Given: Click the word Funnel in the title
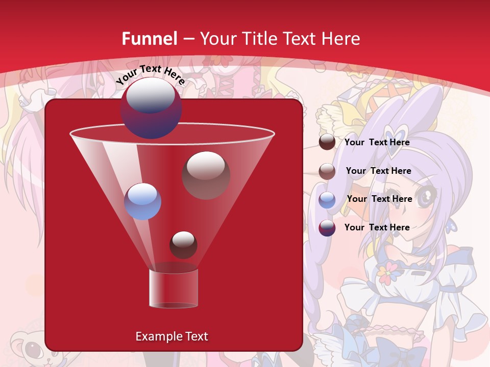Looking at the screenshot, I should pos(150,39).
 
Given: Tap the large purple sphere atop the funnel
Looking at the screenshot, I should pos(151,108).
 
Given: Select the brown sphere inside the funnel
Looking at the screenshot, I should pos(206,175).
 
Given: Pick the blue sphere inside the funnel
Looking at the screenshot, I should pos(142,201).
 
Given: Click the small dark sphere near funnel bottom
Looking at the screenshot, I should pos(183,245).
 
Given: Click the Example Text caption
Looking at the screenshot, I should pos(171,336).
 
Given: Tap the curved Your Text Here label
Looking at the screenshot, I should pos(151,74).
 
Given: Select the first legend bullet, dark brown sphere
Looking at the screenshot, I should pos(327,142).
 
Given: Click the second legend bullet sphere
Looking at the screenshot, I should pos(327,171).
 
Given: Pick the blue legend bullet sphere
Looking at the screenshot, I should pos(327,200).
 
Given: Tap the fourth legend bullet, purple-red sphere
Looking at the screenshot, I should pos(327,228).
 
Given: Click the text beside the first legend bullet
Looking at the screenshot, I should pos(377,143).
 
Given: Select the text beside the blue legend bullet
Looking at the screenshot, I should pos(379,199).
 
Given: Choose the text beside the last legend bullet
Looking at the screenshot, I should pos(377,227).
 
